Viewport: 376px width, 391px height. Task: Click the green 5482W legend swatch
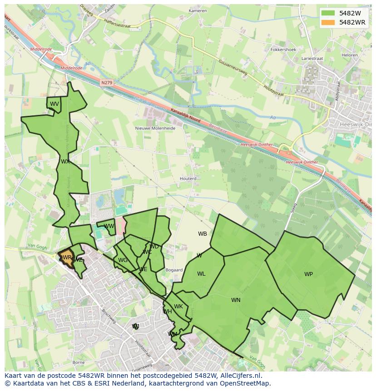tap(327, 13)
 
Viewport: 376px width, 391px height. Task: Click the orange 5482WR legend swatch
tap(327, 22)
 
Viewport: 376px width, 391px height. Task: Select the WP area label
tap(308, 274)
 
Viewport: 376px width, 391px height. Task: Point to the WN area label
tap(236, 300)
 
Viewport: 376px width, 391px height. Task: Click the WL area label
tap(201, 273)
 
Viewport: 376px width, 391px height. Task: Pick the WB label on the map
tap(203, 234)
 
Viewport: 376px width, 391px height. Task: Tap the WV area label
tap(54, 104)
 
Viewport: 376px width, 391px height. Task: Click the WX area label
tap(65, 161)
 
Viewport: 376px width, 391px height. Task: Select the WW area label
tap(109, 226)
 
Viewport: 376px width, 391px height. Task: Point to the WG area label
tap(123, 260)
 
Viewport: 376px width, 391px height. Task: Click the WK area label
tap(178, 307)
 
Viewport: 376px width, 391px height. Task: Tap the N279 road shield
tap(107, 83)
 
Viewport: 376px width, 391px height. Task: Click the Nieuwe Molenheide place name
tap(155, 128)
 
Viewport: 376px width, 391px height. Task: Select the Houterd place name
tap(188, 178)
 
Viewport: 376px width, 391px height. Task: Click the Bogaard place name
tap(174, 270)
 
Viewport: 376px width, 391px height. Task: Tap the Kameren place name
tap(198, 10)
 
